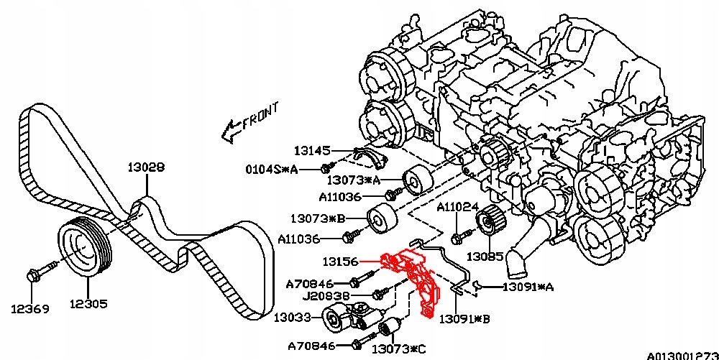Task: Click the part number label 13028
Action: pos(146,167)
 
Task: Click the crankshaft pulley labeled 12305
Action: pos(82,245)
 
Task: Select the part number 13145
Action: pos(312,151)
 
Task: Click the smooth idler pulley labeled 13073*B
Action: pos(379,218)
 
